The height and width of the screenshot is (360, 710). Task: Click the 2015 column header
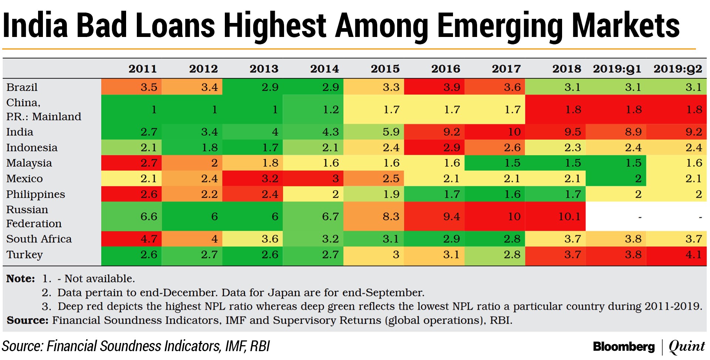(x=385, y=69)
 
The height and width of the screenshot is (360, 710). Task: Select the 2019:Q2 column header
(x=677, y=69)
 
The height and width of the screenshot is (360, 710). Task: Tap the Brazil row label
(x=22, y=87)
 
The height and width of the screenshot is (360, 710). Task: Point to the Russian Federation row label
(x=34, y=217)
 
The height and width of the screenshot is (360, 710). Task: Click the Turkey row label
(x=24, y=255)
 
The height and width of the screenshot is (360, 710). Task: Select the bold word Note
(x=20, y=279)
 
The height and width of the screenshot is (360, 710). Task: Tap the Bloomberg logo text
(x=623, y=347)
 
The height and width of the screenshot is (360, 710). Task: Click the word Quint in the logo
(x=687, y=347)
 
